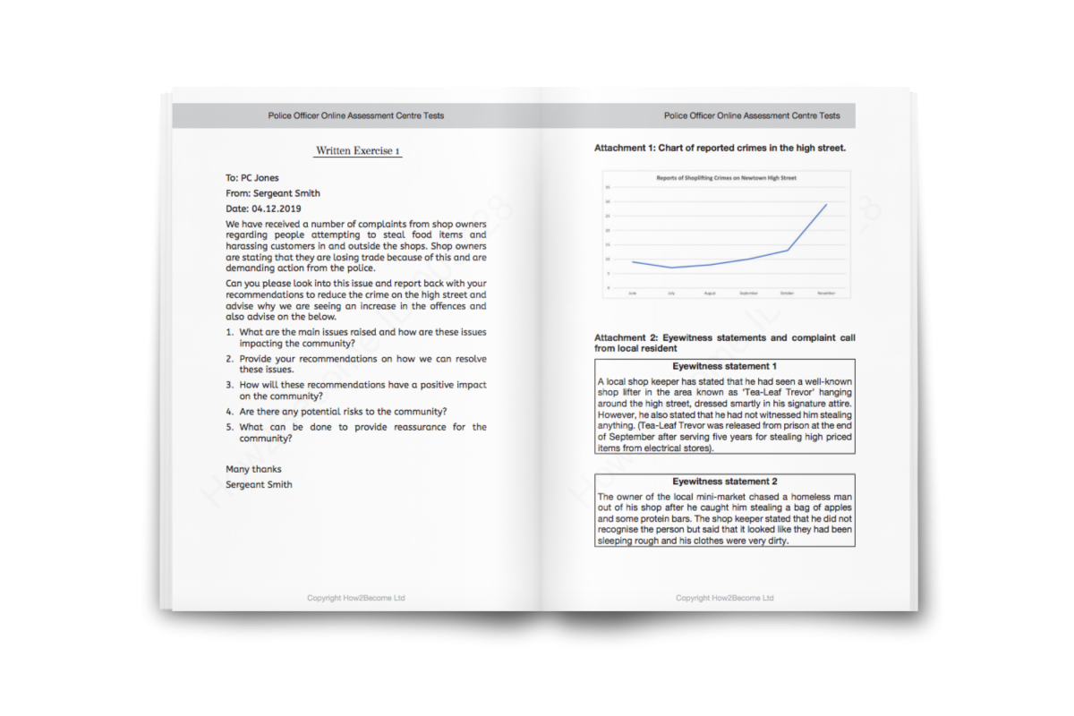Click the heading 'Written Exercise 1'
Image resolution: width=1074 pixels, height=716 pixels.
tap(358, 151)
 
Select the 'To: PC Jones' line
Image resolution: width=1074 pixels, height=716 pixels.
tap(252, 178)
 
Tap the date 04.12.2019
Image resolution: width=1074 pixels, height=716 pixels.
tap(277, 209)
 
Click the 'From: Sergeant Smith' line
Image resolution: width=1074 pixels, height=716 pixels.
tap(273, 193)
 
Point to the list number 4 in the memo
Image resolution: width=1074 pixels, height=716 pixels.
tap(229, 412)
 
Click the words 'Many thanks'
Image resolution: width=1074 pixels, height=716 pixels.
tap(253, 469)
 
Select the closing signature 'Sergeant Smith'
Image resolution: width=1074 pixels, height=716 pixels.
tap(259, 484)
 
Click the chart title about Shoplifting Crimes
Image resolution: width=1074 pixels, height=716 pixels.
tap(726, 178)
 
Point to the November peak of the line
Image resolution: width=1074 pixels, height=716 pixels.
tap(826, 204)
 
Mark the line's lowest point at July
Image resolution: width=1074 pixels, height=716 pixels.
tap(671, 268)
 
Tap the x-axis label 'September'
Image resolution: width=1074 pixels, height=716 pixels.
tap(748, 294)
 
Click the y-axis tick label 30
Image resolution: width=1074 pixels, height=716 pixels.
tap(608, 202)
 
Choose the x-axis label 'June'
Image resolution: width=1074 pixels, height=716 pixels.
tap(633, 294)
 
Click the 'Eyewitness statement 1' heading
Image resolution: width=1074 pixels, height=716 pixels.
tap(724, 366)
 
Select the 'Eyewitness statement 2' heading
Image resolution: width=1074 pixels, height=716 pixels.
tap(724, 482)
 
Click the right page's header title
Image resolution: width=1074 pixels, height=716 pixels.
tap(752, 115)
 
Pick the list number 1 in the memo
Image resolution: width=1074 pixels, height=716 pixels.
tap(229, 332)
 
